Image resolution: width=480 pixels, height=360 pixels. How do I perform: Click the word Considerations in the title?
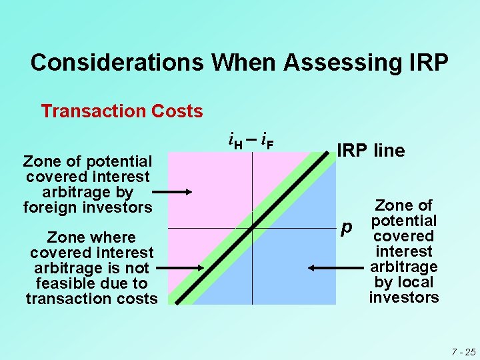click(117, 63)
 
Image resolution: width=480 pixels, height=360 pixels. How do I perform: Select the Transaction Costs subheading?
click(122, 111)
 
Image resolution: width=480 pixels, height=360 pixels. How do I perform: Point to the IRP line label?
click(371, 151)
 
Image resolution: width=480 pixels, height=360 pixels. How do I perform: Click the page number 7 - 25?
click(462, 351)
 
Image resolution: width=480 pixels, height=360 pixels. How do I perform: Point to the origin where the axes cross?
click(252, 229)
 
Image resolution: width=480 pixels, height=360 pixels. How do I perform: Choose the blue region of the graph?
click(300, 267)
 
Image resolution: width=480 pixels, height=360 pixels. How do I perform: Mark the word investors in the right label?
click(404, 297)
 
